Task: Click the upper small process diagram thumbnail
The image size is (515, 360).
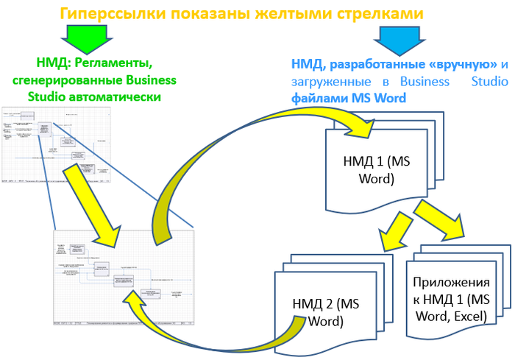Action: [x=56, y=144]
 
